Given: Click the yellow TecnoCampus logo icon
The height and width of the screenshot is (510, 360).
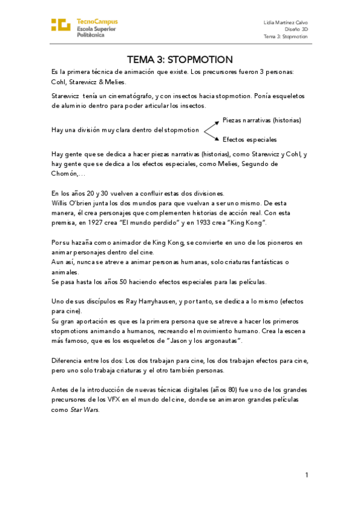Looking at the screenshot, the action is pos(62,25).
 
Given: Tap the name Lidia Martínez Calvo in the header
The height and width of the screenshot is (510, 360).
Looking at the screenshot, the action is pos(285,22).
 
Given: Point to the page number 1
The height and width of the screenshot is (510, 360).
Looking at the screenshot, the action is pos(306,475).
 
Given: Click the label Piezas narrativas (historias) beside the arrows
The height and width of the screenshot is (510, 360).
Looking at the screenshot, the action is pos(261,120).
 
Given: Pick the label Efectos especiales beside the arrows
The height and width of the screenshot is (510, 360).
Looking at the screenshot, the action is pos(249,139).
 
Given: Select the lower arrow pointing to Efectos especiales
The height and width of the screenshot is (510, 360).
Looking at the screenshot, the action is pos(211,135).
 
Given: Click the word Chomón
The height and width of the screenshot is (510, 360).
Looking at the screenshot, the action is pos(64,173).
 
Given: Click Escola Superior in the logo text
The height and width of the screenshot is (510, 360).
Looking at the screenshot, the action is pos(97,28).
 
